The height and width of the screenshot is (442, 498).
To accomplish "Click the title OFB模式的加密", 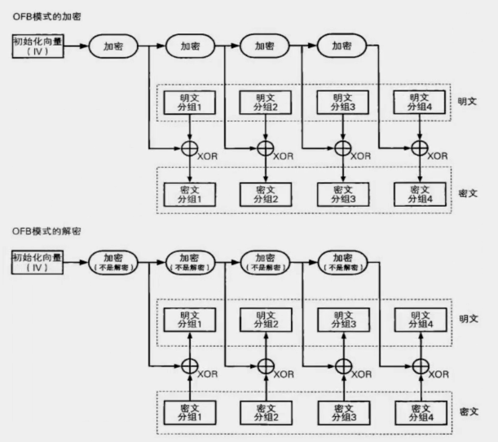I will (46, 15).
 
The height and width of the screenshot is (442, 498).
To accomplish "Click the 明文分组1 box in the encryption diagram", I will (189, 103).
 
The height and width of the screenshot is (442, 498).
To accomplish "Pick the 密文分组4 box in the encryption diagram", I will (419, 193).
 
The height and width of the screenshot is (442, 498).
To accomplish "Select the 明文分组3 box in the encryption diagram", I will (341, 103).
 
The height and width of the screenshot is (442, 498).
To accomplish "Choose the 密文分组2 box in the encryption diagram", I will (265, 193).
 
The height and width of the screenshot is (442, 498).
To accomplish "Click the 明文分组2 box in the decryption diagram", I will (265, 319).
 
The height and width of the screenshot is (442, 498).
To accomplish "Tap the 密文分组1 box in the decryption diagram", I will (189, 410).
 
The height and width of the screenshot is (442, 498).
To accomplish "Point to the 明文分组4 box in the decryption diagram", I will (419, 319).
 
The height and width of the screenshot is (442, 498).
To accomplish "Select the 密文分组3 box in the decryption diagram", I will (341, 410).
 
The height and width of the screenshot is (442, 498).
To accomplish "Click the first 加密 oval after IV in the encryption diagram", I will (113, 46).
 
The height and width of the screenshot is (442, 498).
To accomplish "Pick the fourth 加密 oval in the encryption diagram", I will (342, 46).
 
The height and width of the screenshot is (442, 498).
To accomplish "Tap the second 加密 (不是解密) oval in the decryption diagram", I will (190, 262).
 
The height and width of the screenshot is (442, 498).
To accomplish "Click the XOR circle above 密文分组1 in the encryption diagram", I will (189, 148).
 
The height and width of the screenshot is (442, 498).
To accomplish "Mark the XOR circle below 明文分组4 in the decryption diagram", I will (419, 365).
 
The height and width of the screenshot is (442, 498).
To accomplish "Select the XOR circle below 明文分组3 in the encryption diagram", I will (342, 148).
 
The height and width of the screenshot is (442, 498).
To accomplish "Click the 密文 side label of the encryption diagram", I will (469, 194).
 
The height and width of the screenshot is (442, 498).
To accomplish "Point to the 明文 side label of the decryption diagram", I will (469, 319).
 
